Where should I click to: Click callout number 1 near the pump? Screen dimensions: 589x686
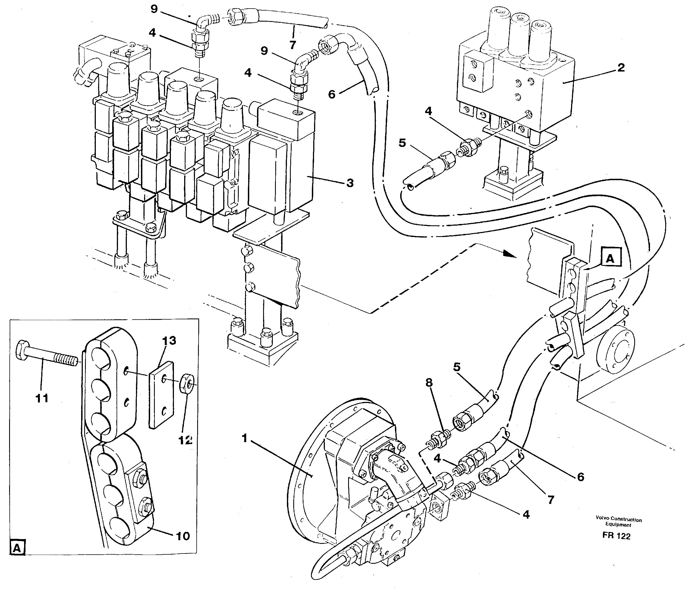pyautogui.click(x=244, y=438)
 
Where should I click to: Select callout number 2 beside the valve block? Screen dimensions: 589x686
pyautogui.click(x=621, y=68)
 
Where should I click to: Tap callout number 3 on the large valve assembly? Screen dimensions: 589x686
pyautogui.click(x=350, y=183)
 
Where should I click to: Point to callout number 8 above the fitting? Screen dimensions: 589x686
pyautogui.click(x=429, y=382)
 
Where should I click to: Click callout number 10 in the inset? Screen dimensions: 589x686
pyautogui.click(x=183, y=536)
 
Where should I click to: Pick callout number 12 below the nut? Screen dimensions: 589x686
pyautogui.click(x=185, y=440)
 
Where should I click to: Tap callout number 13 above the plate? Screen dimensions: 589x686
pyautogui.click(x=169, y=340)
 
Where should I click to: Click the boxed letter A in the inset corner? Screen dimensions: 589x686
pyautogui.click(x=17, y=548)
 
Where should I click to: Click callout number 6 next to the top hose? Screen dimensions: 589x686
pyautogui.click(x=332, y=95)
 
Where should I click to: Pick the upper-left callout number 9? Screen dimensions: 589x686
pyautogui.click(x=154, y=9)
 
